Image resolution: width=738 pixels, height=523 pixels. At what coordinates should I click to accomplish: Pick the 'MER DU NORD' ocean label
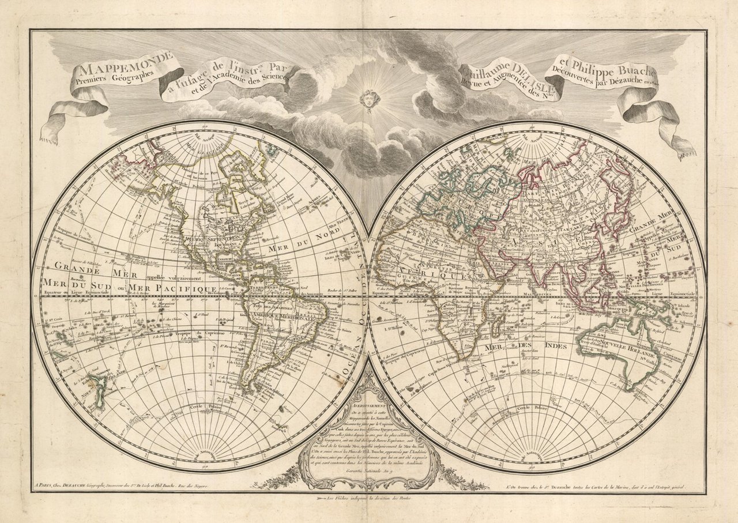(x=298, y=247)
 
